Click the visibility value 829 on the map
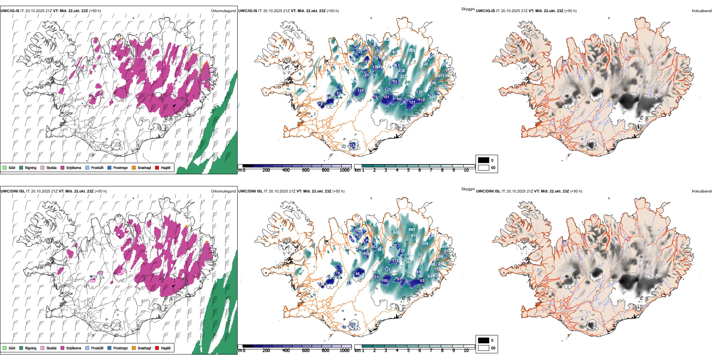pyautogui.click(x=412, y=50)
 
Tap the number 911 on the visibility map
pyautogui.click(x=414, y=236)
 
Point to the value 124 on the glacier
pyautogui.click(x=360, y=91)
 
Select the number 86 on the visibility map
pyautogui.click(x=357, y=274)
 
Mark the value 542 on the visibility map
pyautogui.click(x=396, y=233)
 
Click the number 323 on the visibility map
pyautogui.click(x=403, y=77)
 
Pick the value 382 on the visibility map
pyautogui.click(x=409, y=262)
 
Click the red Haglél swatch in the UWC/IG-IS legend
pyautogui.click(x=157, y=167)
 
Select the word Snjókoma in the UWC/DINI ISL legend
pyautogui.click(x=74, y=348)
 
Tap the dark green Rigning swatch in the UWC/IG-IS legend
pyautogui.click(x=21, y=167)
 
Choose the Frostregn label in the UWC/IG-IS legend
pyautogui.click(x=121, y=167)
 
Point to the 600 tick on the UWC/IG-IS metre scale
pyautogui.click(x=305, y=170)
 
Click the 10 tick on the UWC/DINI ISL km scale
pyautogui.click(x=466, y=351)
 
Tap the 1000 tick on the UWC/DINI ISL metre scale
pyautogui.click(x=344, y=351)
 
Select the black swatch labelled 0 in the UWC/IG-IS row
pyautogui.click(x=484, y=160)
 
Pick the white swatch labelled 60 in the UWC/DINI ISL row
pyautogui.click(x=484, y=348)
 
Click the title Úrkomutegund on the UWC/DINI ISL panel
pyautogui.click(x=223, y=191)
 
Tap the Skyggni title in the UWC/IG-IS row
pyautogui.click(x=468, y=9)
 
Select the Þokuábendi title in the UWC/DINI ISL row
pyautogui.click(x=702, y=191)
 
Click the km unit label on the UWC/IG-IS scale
pyautogui.click(x=357, y=170)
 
